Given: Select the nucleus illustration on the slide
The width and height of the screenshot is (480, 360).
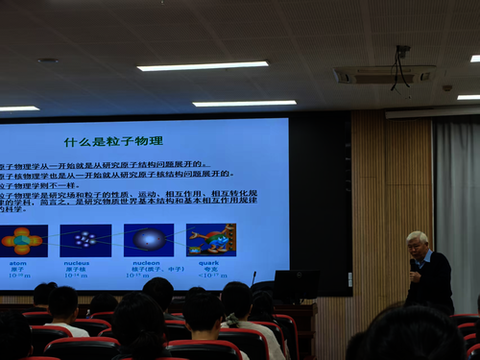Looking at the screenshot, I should pyautogui.click(x=85, y=240).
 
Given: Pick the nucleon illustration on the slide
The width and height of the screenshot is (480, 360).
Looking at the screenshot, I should pyautogui.click(x=149, y=239).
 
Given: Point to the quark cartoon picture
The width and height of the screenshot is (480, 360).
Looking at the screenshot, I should pyautogui.click(x=211, y=239).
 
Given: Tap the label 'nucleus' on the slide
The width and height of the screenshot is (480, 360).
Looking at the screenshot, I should pyautogui.click(x=77, y=261).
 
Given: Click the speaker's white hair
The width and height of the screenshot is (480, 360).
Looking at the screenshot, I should pyautogui.click(x=418, y=237).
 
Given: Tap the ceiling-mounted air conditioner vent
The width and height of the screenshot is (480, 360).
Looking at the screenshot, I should pyautogui.click(x=382, y=74).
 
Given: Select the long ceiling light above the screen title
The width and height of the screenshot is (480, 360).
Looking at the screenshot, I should pyautogui.click(x=203, y=66).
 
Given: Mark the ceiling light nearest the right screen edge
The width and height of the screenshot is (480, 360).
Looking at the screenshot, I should pyautogui.click(x=244, y=103).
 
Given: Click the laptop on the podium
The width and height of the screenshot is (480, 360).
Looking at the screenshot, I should pyautogui.click(x=289, y=285).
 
